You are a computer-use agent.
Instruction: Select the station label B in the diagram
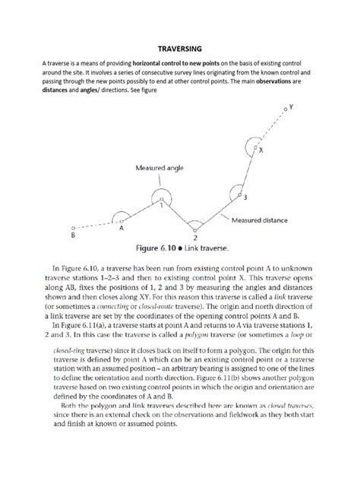[x=72, y=236]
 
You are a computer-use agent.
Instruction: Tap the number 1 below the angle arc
[x=161, y=205]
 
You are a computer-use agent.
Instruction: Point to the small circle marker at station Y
[x=285, y=112]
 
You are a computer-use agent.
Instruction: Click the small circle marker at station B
[x=72, y=227]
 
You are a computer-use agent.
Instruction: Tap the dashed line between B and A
[x=95, y=223]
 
